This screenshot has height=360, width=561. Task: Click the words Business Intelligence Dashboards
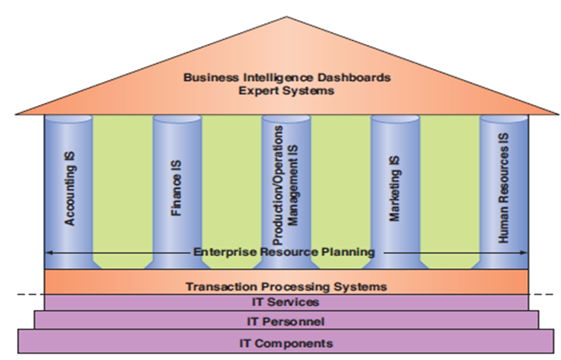coord(287,77)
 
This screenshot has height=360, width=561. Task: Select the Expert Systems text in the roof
coord(286,91)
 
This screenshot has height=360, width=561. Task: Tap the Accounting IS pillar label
coord(70,188)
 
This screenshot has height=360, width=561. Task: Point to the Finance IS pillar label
coord(176,188)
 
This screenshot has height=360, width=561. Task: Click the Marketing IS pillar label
coord(394,189)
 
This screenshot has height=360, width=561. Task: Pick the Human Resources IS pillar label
coord(503,188)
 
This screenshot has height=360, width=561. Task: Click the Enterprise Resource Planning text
coord(284,252)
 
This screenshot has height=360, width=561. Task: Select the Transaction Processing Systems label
coord(286,286)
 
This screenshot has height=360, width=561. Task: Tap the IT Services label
coord(286,302)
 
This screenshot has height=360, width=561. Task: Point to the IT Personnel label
coord(286,321)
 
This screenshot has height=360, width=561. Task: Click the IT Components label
coord(286,344)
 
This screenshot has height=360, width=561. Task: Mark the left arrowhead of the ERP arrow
coord(48,252)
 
